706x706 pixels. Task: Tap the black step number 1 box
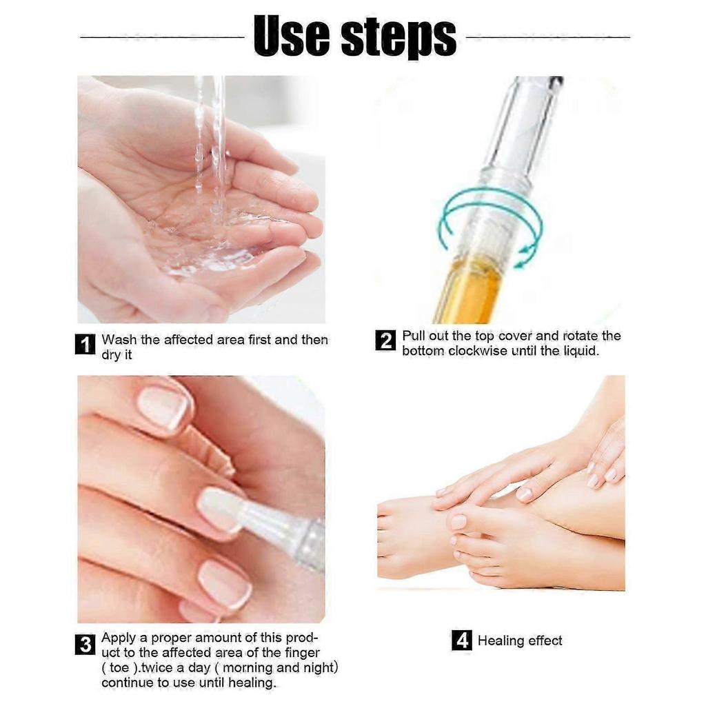[84, 344]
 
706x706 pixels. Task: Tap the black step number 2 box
[385, 341]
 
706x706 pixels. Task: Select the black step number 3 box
[84, 645]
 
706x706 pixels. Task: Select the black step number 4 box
[461, 641]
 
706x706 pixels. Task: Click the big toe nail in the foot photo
[458, 522]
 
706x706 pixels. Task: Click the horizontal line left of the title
[162, 37]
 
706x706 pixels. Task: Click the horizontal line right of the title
[548, 37]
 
